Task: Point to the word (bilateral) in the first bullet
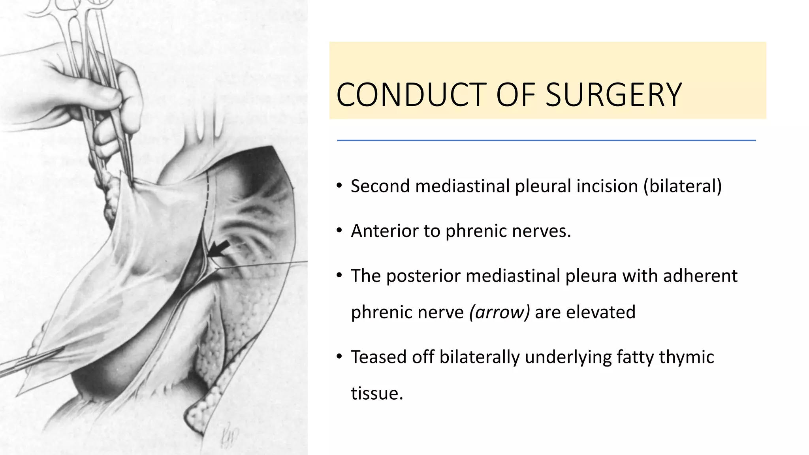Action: pyautogui.click(x=683, y=186)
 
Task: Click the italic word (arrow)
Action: pyautogui.click(x=499, y=312)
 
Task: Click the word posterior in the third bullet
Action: pyautogui.click(x=423, y=276)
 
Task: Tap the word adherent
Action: pyautogui.click(x=700, y=276)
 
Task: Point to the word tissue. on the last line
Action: pyautogui.click(x=377, y=393)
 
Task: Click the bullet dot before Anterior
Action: pyautogui.click(x=339, y=231)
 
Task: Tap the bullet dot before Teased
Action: pyautogui.click(x=339, y=357)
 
